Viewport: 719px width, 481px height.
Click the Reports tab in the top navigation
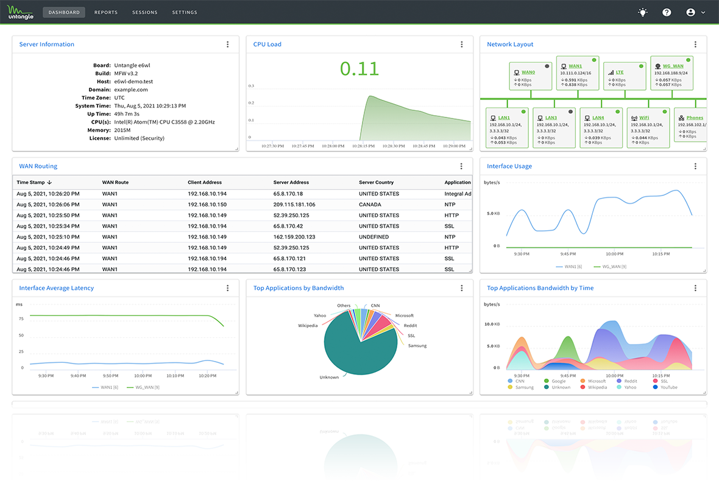(x=106, y=12)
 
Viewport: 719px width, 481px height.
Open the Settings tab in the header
(x=185, y=12)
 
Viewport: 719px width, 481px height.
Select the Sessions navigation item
(x=144, y=12)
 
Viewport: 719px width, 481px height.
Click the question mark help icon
(x=667, y=12)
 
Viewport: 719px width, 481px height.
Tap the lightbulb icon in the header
(x=643, y=12)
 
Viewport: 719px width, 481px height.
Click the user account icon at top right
(x=691, y=12)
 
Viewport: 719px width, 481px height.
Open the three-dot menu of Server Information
(x=228, y=44)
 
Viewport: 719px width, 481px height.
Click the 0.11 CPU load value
(x=359, y=69)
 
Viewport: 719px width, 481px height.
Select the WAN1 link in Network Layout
(x=575, y=66)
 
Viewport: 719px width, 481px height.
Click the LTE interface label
(x=620, y=72)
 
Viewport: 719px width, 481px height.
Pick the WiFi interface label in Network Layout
(x=644, y=118)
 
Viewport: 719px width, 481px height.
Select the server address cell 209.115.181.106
(x=294, y=205)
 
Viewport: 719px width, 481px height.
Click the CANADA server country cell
(x=370, y=205)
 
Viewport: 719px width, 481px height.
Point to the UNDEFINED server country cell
(x=375, y=237)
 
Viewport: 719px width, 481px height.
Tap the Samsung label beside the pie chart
(x=417, y=345)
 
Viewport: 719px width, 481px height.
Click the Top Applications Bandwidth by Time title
(x=540, y=288)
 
